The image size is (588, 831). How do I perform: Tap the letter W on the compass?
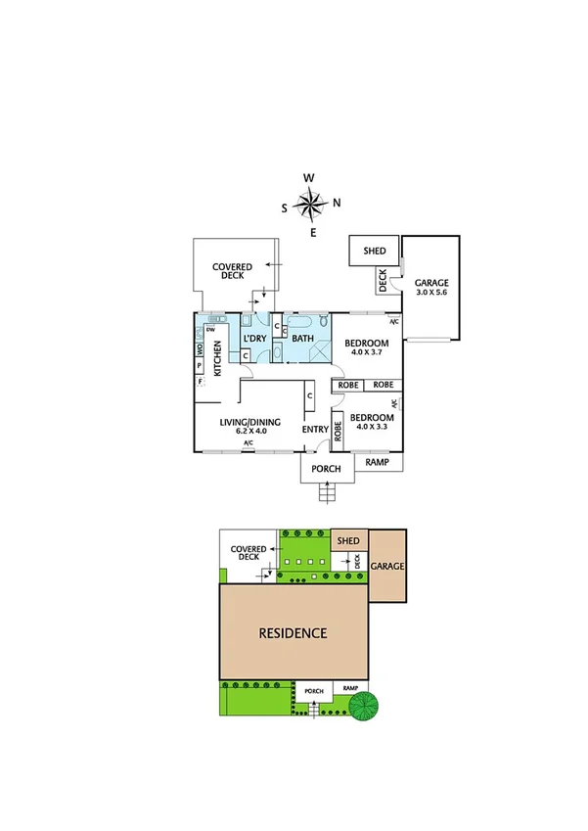coord(309,177)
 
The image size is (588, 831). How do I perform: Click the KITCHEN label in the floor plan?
coord(217,363)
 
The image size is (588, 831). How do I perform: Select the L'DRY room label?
coord(254,339)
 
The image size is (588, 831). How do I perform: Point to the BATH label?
coord(302,339)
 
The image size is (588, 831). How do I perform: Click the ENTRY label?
coord(315,430)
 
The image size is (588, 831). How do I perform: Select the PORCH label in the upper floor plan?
coord(326,469)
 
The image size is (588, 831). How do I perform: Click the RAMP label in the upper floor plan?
coord(377,461)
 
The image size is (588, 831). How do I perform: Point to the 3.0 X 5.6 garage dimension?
coord(430,293)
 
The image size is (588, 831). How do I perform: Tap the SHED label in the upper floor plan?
coord(375,252)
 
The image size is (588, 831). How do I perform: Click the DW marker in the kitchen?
coord(210,330)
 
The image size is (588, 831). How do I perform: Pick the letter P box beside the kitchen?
coord(200,365)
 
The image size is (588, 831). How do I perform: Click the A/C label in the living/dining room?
coord(249,443)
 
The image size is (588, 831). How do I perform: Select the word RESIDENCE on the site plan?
coord(293,632)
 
